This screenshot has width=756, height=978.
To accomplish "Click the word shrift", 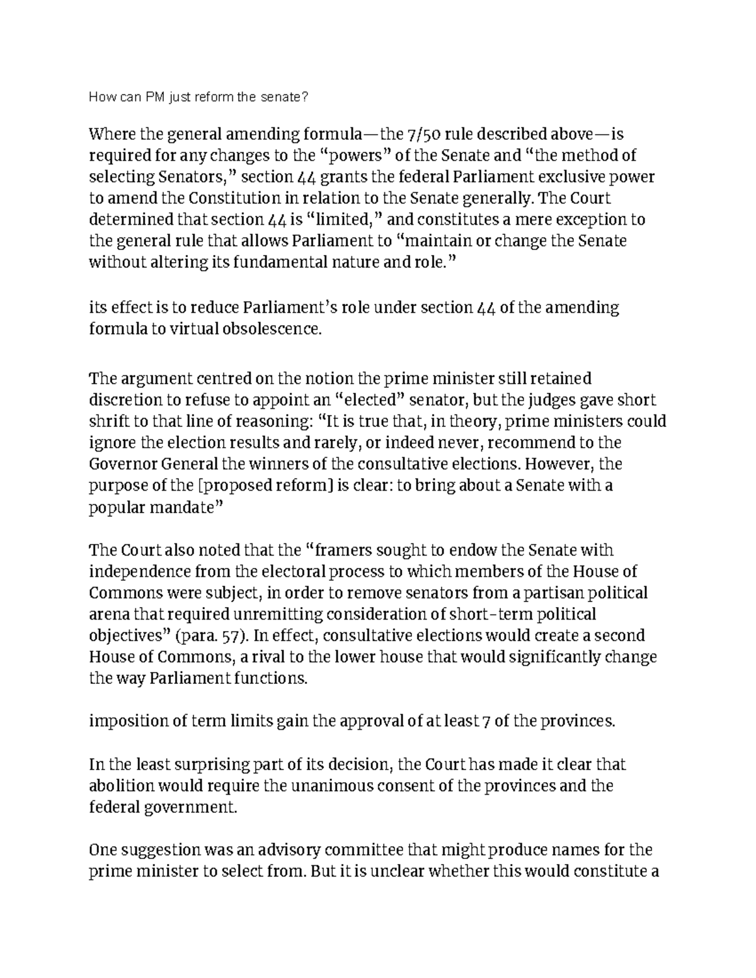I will click(x=109, y=421).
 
